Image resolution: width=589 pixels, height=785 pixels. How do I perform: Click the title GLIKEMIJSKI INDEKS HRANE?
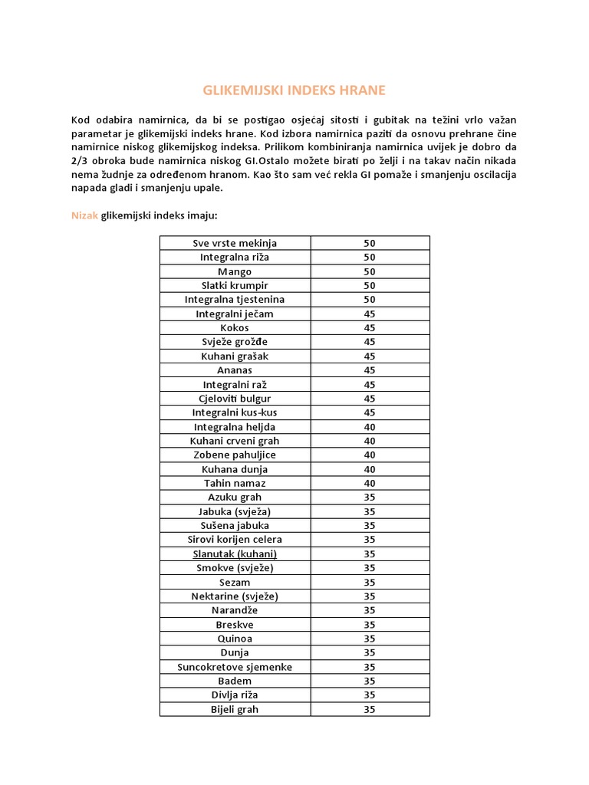(294, 90)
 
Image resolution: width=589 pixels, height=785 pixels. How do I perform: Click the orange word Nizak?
(84, 215)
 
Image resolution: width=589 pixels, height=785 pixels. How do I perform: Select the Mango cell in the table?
(235, 271)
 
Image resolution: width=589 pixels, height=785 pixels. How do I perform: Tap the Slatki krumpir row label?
(235, 285)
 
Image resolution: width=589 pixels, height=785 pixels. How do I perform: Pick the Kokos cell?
(235, 327)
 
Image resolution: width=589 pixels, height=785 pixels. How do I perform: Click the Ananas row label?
(235, 370)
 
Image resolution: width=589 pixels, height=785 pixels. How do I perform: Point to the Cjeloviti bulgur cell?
(235, 399)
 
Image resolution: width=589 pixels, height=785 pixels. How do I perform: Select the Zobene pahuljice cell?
(235, 455)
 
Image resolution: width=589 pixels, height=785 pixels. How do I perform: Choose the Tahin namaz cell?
(235, 483)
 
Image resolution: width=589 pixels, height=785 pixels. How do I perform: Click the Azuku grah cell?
(235, 497)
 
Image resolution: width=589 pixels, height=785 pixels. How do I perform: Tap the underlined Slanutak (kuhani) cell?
(235, 553)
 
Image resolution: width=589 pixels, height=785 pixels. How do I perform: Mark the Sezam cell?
(235, 582)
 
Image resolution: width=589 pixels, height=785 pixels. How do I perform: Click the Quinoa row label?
(235, 639)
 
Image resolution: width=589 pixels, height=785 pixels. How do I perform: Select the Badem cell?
(235, 681)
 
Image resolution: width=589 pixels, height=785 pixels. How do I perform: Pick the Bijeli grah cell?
(235, 709)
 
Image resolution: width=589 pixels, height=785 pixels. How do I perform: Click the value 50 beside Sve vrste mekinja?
(370, 243)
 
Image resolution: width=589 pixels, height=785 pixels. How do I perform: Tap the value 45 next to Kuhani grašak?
(370, 356)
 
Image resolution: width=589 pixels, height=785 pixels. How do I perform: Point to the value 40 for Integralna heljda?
(370, 426)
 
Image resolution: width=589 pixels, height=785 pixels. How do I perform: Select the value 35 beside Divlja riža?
(370, 695)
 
